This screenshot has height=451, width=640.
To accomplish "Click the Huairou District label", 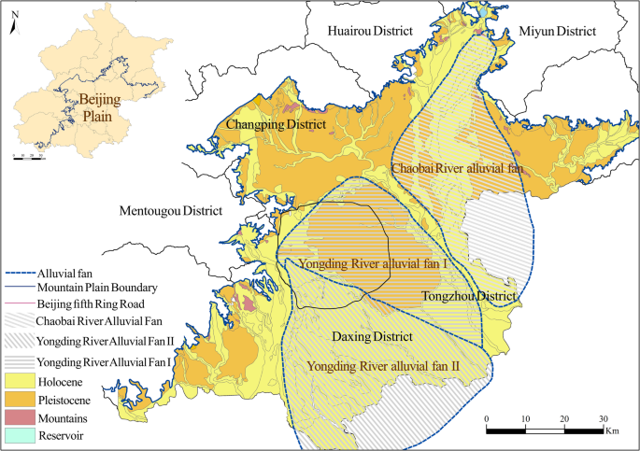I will point(370,32).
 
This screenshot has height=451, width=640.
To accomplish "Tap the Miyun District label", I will point(557,32).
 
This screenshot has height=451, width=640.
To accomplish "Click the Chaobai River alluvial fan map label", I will point(455,169).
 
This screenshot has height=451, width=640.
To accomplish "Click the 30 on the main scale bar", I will point(604,418).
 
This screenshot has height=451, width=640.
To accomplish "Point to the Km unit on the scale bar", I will point(612,431).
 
